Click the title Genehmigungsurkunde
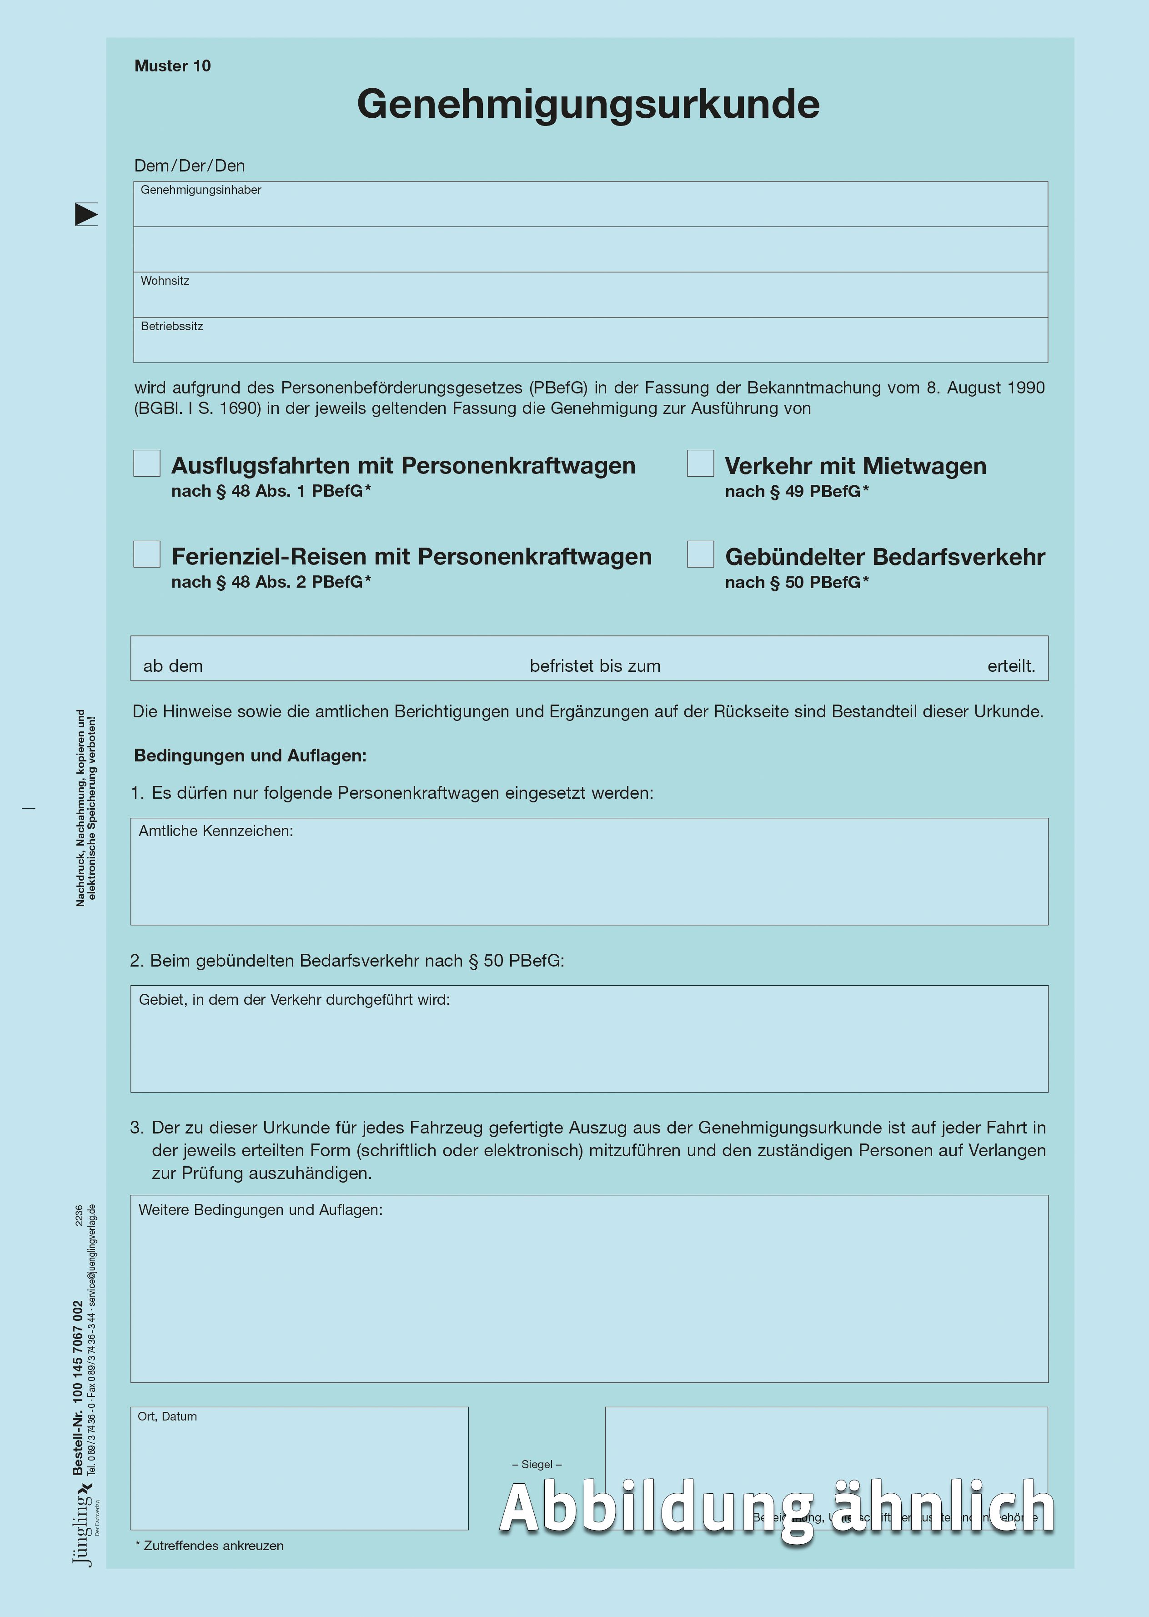pos(588,104)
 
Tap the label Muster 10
pos(173,66)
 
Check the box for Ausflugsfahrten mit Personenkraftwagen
pos(147,463)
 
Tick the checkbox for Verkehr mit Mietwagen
pos(700,463)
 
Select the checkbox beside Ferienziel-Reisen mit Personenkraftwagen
pos(147,554)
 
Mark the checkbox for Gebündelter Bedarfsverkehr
pos(700,554)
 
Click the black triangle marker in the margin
pos(85,214)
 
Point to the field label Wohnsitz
pos(165,281)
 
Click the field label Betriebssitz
pos(172,326)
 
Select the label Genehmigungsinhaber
pos(201,190)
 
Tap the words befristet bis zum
pos(595,666)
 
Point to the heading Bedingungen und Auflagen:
pos(251,756)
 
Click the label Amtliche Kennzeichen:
pos(216,831)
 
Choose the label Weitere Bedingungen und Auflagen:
pos(261,1210)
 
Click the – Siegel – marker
pos(537,1464)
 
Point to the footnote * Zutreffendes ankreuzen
pos(210,1546)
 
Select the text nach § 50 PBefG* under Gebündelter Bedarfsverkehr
pos(797,582)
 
